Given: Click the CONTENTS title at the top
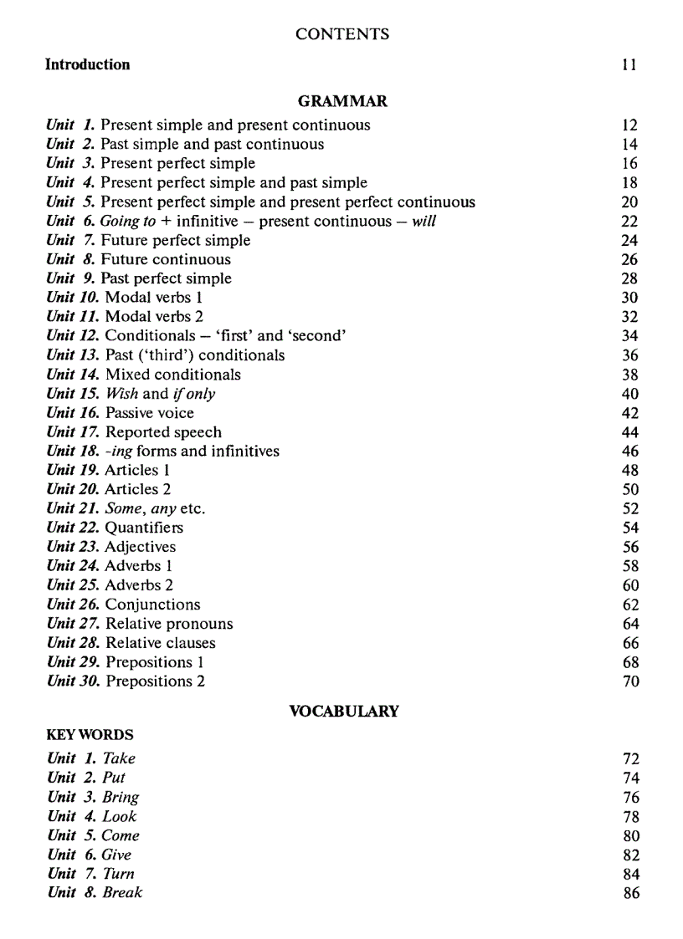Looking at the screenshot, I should click(x=342, y=34).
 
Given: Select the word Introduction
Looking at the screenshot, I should click(x=87, y=64).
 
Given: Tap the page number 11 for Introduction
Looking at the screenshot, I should click(x=629, y=64).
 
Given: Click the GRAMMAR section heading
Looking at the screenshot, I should click(x=342, y=102).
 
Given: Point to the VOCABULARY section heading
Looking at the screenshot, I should click(x=344, y=712).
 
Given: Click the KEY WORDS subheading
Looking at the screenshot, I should click(x=90, y=736).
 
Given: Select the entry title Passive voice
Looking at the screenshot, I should click(x=149, y=413).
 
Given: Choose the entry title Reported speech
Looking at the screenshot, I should click(x=163, y=432).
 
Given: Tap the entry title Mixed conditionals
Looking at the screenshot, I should click(x=172, y=375).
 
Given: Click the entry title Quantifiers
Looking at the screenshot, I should click(x=144, y=528).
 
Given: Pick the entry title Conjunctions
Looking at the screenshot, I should click(x=153, y=605).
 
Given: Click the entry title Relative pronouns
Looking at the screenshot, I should click(x=169, y=624).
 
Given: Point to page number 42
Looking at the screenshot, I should click(x=630, y=413).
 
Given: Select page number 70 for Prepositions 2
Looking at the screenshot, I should click(x=630, y=681).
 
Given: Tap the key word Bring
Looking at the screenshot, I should click(x=121, y=797).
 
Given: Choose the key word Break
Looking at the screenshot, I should click(x=122, y=893).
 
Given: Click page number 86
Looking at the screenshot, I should click(x=631, y=893).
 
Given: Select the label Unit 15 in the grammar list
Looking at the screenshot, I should click(x=73, y=394).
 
